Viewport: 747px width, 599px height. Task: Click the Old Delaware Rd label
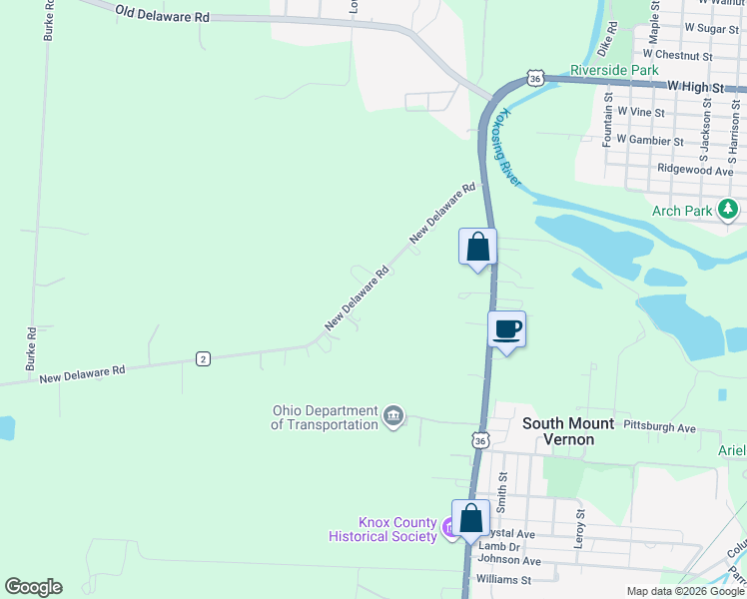click(x=162, y=15)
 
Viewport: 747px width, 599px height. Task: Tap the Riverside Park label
click(x=614, y=71)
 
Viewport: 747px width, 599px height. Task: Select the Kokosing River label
click(x=506, y=146)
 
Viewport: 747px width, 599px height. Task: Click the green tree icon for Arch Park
click(x=730, y=209)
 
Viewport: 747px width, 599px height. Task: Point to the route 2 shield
click(x=203, y=358)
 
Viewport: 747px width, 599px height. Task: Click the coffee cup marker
click(x=506, y=329)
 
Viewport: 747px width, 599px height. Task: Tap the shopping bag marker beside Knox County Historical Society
click(x=471, y=518)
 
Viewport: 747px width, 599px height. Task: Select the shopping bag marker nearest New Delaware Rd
click(x=477, y=247)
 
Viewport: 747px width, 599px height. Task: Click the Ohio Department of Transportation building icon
click(x=393, y=415)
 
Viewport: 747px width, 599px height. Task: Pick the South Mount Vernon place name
click(x=568, y=431)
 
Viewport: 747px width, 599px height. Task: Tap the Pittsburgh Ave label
click(x=659, y=427)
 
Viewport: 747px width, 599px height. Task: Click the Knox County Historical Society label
click(x=383, y=530)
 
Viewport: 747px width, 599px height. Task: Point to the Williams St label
click(x=503, y=579)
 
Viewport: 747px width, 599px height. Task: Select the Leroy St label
click(x=579, y=521)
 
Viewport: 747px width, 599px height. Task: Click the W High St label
click(x=690, y=88)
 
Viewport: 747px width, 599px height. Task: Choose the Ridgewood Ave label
click(x=696, y=170)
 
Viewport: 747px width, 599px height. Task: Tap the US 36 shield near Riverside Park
click(x=536, y=78)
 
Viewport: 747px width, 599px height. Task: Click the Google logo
click(x=33, y=587)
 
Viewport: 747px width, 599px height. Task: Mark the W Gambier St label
click(x=650, y=141)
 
